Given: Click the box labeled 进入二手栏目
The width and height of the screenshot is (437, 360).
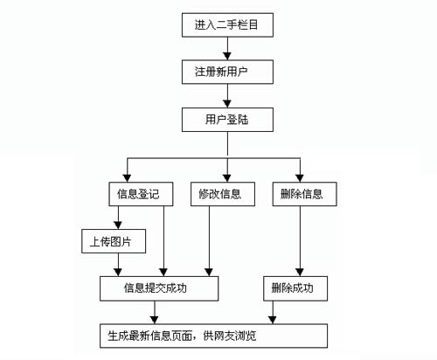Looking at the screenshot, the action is (227, 24).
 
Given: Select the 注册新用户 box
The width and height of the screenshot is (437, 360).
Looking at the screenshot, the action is (227, 72).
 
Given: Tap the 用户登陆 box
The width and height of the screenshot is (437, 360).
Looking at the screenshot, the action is (227, 120).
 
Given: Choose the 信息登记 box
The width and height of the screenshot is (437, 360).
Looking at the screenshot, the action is (141, 194).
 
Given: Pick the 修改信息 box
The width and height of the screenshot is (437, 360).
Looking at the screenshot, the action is (223, 194).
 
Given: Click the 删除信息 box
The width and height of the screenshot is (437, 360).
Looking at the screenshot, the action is (305, 194).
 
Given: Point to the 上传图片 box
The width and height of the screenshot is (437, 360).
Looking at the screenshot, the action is (114, 241).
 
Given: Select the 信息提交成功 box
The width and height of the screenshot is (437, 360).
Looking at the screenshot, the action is (159, 288).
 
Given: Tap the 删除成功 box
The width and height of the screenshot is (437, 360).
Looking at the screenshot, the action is (295, 288).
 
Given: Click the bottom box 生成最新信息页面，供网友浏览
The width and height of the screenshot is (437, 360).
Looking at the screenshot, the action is (213, 336).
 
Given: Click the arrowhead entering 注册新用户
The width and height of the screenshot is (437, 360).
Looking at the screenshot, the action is (227, 56).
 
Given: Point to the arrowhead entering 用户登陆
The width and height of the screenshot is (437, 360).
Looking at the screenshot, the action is (227, 104).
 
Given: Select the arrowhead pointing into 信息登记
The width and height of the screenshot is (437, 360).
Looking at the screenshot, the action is (127, 178).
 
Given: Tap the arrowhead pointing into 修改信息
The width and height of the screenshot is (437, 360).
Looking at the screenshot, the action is (227, 178).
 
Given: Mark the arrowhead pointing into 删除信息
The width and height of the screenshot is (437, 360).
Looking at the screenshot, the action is (300, 178).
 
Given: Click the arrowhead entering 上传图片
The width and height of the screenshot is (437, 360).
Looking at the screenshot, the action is (118, 225).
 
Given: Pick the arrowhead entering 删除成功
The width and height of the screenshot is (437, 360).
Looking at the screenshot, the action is (300, 273).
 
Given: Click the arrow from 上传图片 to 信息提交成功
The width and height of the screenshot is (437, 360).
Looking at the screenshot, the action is (118, 265).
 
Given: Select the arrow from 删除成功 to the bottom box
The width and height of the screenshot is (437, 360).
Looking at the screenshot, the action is (273, 312).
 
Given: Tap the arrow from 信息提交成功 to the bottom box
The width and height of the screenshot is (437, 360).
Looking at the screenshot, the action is (155, 312).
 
